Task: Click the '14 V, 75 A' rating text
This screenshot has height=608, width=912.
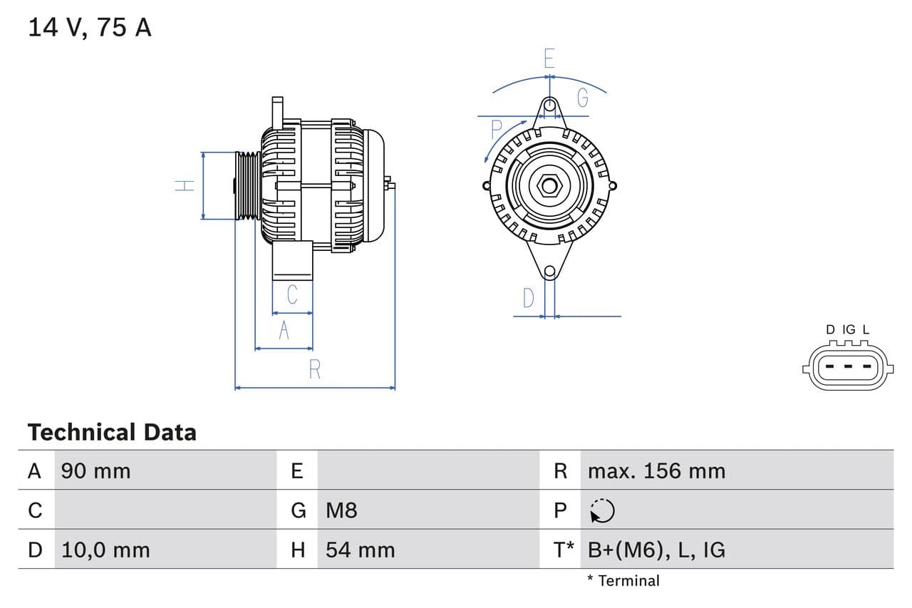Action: point(89,27)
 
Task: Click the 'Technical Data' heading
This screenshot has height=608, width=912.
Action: point(112,433)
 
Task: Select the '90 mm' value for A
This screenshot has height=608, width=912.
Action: point(95,471)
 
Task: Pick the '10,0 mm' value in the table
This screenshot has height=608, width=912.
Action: point(105,550)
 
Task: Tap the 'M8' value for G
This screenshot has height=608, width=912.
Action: point(341,510)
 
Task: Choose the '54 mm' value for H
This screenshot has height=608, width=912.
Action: point(360,550)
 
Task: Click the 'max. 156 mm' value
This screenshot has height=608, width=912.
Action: point(656,471)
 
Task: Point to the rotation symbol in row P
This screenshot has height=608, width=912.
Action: point(602,510)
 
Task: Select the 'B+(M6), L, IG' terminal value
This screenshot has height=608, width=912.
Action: point(656,550)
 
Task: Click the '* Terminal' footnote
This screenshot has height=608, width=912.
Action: point(623,581)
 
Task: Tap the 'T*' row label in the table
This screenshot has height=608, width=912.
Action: point(564,550)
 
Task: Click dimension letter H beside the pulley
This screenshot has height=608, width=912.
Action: point(185,185)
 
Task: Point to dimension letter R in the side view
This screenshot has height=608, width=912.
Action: point(314,369)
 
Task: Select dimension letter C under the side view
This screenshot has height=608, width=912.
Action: point(292,294)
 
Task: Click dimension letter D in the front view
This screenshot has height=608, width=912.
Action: point(528,298)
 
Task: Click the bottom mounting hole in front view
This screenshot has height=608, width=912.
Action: point(549,272)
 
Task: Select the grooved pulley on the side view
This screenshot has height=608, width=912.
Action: point(247,185)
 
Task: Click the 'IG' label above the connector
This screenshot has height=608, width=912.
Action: point(849,330)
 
